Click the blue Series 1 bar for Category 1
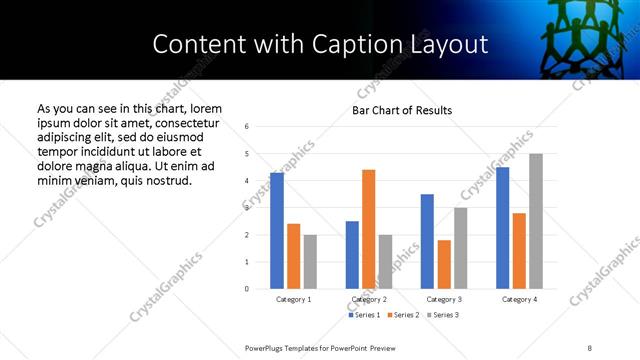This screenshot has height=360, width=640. coord(277,231)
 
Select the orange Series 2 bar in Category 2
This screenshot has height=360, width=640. coord(369,229)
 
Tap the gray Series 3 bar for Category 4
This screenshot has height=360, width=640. coord(536,221)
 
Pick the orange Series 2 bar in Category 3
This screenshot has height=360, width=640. coord(444,264)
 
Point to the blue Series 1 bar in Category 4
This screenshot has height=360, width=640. coord(502,228)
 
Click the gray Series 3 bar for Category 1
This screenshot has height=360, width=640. coord(311,262)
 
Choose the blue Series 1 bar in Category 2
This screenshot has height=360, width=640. coord(352,255)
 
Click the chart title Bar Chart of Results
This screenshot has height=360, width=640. coord(402,110)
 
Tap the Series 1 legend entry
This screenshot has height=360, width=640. coord(364,316)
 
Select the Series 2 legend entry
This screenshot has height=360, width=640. coord(403,316)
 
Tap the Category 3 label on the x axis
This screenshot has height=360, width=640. coord(444,299)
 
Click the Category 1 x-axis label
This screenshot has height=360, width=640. coord(293,299)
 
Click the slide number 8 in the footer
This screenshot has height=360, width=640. coord(590,347)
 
